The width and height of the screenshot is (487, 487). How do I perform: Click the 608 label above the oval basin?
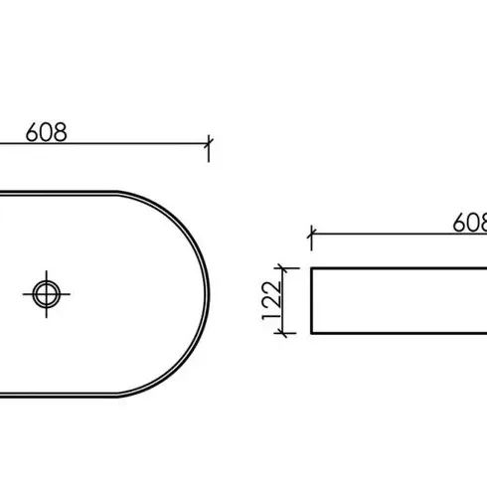[x=47, y=132]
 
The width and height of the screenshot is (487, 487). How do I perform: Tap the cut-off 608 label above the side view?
[x=470, y=223]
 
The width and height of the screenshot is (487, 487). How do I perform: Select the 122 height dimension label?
[x=271, y=300]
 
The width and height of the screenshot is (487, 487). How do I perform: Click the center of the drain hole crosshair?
[x=47, y=294]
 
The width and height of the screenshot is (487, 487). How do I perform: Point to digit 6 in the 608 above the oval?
[x=32, y=132]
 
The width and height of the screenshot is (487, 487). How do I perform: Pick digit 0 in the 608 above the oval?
[x=47, y=132]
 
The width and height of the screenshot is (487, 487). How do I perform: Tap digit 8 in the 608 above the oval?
[x=61, y=132]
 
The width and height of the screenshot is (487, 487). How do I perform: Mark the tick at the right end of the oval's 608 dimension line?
[x=209, y=143]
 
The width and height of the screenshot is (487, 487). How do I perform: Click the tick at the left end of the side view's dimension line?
[x=311, y=234]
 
